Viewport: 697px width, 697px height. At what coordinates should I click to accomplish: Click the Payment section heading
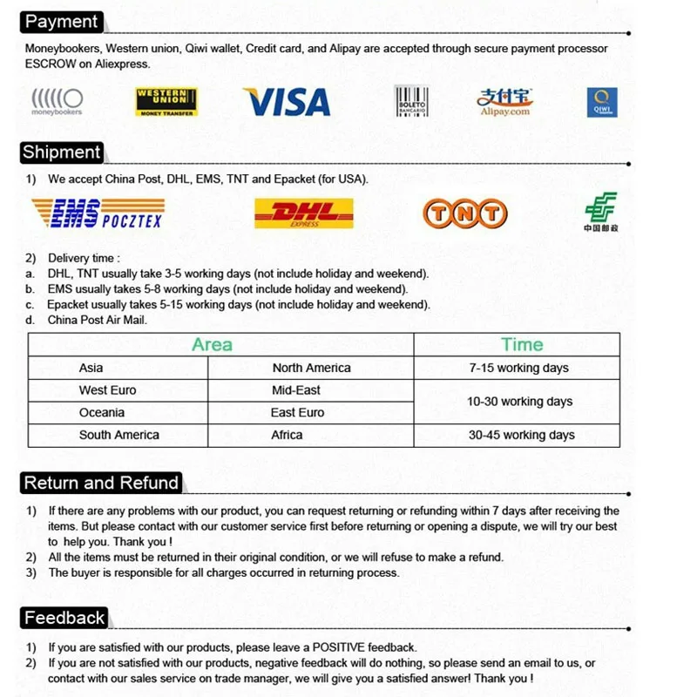click(61, 21)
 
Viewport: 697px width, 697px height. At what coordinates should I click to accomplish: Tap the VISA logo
click(287, 102)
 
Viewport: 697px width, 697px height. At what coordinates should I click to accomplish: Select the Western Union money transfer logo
click(166, 102)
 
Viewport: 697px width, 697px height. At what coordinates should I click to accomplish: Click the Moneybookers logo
click(57, 101)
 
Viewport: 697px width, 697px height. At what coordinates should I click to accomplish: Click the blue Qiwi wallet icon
click(601, 102)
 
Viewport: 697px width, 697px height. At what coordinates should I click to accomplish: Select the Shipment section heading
click(62, 152)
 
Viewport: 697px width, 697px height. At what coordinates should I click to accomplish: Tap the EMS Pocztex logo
click(97, 213)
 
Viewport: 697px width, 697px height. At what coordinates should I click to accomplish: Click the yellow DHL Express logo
click(304, 213)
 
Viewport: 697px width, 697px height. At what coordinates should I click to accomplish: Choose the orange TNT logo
click(464, 213)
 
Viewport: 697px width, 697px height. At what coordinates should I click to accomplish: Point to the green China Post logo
click(600, 212)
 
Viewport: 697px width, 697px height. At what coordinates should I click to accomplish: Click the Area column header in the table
click(212, 345)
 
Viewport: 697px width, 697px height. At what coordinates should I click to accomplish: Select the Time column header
click(522, 345)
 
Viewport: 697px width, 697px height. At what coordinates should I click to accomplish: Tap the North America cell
click(311, 369)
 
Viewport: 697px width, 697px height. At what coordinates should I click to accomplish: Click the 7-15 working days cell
click(518, 369)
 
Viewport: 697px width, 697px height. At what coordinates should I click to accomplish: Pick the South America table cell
click(118, 435)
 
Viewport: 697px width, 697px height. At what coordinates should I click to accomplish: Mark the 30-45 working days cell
click(521, 435)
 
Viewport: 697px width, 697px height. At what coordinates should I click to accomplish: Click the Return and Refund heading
click(101, 483)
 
